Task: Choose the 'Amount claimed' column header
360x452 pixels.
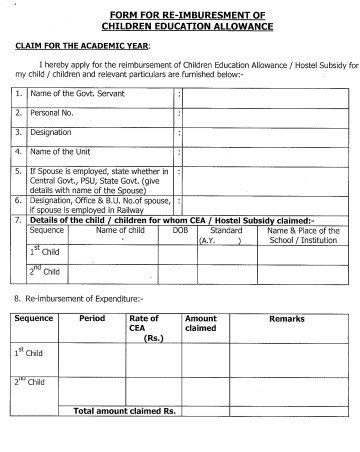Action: (201, 323)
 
